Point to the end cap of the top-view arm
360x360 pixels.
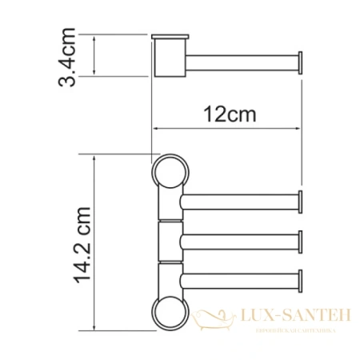(x=300, y=62)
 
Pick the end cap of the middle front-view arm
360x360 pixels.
(x=300, y=241)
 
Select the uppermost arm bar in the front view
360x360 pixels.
(x=240, y=203)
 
